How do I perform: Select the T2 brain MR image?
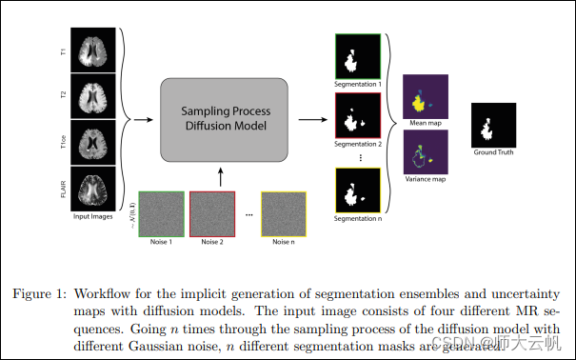point(98,97)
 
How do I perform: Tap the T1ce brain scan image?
point(98,143)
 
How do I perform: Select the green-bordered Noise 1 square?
point(160,213)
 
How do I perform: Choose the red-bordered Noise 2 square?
point(210,213)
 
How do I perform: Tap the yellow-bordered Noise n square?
point(283,213)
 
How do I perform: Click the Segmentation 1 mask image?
point(357,57)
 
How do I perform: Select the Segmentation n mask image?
point(357,190)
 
